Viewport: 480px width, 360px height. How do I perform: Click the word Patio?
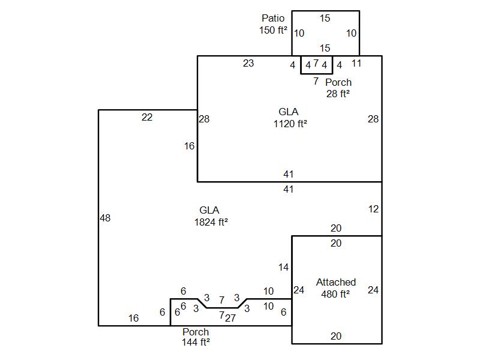[x=273, y=19]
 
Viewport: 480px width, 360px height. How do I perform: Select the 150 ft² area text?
[x=273, y=30]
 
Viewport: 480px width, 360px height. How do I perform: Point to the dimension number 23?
[x=248, y=63]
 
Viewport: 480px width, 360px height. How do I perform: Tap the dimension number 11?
[x=356, y=63]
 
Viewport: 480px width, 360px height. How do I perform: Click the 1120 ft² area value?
[x=290, y=124]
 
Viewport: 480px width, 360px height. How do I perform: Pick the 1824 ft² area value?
[x=211, y=221]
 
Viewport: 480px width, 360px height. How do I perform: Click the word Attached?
[x=336, y=282]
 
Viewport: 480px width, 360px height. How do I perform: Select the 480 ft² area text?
[x=336, y=293]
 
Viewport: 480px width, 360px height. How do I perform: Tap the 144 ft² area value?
[x=196, y=343]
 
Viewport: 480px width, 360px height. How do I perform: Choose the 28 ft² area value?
[x=338, y=94]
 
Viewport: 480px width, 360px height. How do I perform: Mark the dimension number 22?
[x=147, y=118]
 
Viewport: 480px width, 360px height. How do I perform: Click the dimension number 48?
[x=105, y=218]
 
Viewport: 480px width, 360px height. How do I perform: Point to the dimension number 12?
[x=373, y=209]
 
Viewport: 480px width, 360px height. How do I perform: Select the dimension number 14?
[x=284, y=267]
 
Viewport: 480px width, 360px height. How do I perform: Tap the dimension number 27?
[x=230, y=318]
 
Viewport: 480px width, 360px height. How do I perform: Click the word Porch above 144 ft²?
[x=196, y=332]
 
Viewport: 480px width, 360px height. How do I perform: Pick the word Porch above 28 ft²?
[x=338, y=82]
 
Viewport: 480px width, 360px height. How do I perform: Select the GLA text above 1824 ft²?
[x=209, y=210]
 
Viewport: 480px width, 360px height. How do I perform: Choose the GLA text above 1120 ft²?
[x=289, y=112]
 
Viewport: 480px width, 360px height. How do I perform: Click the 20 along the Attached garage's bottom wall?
[x=336, y=336]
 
